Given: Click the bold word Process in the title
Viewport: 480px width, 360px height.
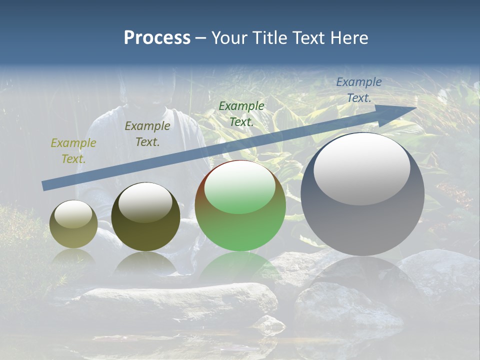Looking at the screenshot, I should click(x=157, y=38).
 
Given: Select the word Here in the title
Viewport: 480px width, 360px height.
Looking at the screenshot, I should click(x=348, y=38).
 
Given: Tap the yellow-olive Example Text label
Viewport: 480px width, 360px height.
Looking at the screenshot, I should click(x=73, y=151).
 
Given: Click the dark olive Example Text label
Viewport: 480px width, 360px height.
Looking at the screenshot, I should click(x=147, y=134).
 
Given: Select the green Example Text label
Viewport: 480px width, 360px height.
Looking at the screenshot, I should click(x=241, y=113).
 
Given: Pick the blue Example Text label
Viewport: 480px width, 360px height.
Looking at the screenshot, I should click(x=359, y=90).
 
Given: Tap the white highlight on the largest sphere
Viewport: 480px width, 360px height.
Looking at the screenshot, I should click(x=361, y=167).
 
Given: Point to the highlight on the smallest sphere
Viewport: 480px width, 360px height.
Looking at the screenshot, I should click(x=73, y=214).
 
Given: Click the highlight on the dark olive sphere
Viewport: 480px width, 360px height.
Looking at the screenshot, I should click(x=145, y=201).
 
